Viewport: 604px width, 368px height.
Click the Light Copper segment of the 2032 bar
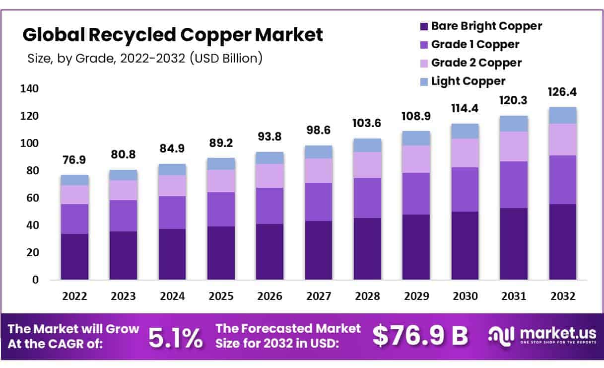point(563,115)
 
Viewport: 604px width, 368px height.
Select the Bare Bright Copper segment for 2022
point(74,256)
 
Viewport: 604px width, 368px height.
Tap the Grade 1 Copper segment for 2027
point(319,202)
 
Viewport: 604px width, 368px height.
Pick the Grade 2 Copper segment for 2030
point(465,153)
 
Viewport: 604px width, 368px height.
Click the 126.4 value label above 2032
point(563,92)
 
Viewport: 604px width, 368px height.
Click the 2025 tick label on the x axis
point(221,296)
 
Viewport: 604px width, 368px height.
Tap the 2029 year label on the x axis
point(416,296)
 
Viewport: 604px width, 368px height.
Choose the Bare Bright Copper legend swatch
point(423,26)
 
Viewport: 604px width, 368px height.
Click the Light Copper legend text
point(468,81)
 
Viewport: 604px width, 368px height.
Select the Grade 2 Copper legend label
point(476,63)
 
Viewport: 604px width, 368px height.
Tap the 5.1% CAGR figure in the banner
point(176,337)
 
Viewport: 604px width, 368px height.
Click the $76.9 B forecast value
point(420,336)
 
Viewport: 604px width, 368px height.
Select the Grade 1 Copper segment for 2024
point(172,213)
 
